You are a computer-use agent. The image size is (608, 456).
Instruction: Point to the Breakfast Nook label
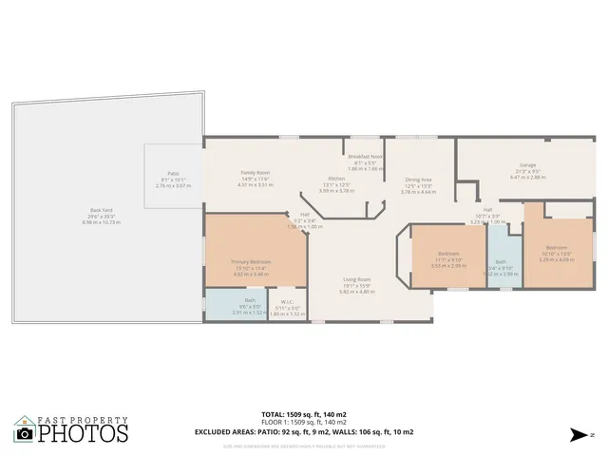[x=365, y=157]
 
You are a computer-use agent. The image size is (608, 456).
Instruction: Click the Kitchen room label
[x=336, y=179]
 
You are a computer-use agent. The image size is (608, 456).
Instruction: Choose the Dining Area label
[x=419, y=180]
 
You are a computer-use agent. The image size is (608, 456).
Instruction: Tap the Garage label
[x=527, y=165]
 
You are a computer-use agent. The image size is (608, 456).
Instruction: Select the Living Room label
[x=357, y=279]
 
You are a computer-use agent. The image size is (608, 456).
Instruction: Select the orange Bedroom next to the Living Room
[x=448, y=254]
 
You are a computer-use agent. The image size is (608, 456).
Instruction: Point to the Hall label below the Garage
[x=487, y=209]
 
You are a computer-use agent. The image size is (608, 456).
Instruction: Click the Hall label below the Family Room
[x=305, y=215]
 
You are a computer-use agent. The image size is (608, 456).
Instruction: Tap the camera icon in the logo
[x=25, y=433]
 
